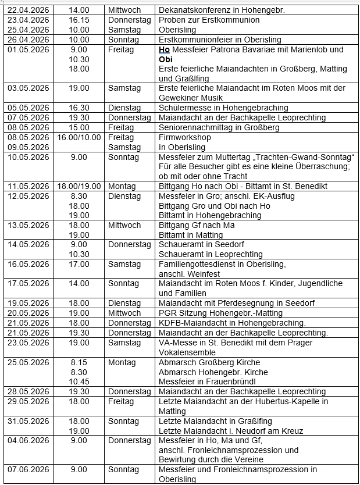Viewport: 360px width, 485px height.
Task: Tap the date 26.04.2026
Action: coord(28,40)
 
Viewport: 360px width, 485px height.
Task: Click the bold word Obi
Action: coord(166,59)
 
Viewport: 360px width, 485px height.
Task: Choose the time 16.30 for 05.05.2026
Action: coord(79,108)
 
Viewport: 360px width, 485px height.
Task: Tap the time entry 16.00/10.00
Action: coord(79,138)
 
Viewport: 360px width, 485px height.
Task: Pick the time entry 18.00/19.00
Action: coord(79,186)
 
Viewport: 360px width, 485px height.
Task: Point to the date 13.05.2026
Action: coord(28,225)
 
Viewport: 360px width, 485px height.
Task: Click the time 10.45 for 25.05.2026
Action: coord(79,381)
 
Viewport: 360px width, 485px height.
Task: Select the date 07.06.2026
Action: coord(28,469)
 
